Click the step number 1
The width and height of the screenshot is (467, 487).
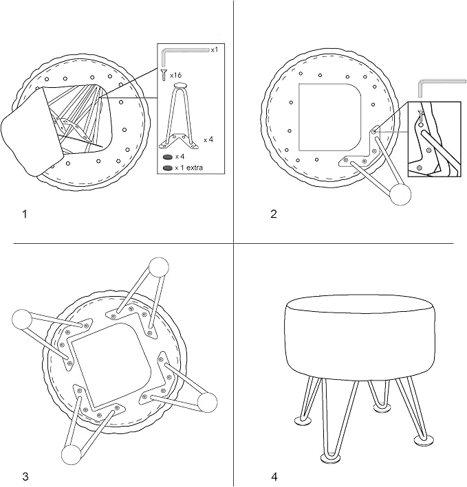coord(25,214)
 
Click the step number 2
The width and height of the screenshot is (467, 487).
coord(274,214)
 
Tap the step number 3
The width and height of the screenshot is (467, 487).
coord(25,476)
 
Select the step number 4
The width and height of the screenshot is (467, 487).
coord(274,476)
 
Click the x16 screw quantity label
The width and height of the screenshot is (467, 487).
coord(176,75)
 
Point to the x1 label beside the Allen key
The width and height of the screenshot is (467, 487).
coord(215,49)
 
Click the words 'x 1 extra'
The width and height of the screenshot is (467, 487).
coord(188,168)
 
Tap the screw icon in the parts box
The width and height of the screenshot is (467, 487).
coord(164,76)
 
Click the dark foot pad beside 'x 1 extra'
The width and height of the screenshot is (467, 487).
coord(167,168)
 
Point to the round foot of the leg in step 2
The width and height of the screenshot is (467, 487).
coord(400,195)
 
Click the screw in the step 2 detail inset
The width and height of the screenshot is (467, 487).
coord(421,116)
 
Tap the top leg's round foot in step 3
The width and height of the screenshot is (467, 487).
coord(159,267)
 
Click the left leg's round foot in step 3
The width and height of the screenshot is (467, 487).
coord(22,319)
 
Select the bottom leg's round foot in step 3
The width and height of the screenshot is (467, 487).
coord(72,455)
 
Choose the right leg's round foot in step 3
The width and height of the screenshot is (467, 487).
coord(208,403)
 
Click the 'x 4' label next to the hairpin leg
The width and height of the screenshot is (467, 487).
coord(208,140)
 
